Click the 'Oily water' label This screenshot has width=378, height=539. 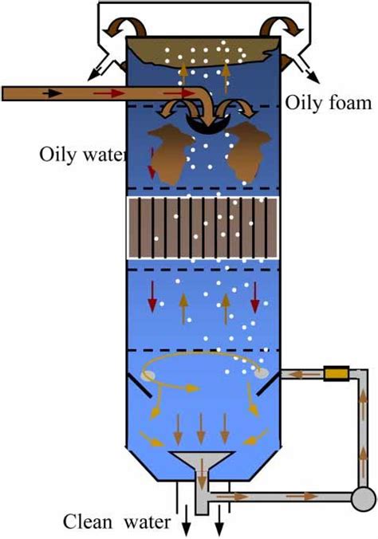click(82, 153)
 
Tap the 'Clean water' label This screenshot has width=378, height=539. click(117, 523)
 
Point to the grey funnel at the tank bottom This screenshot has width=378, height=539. click(202, 466)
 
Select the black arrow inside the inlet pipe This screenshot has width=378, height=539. click(52, 93)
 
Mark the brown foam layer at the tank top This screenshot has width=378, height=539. click(206, 52)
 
